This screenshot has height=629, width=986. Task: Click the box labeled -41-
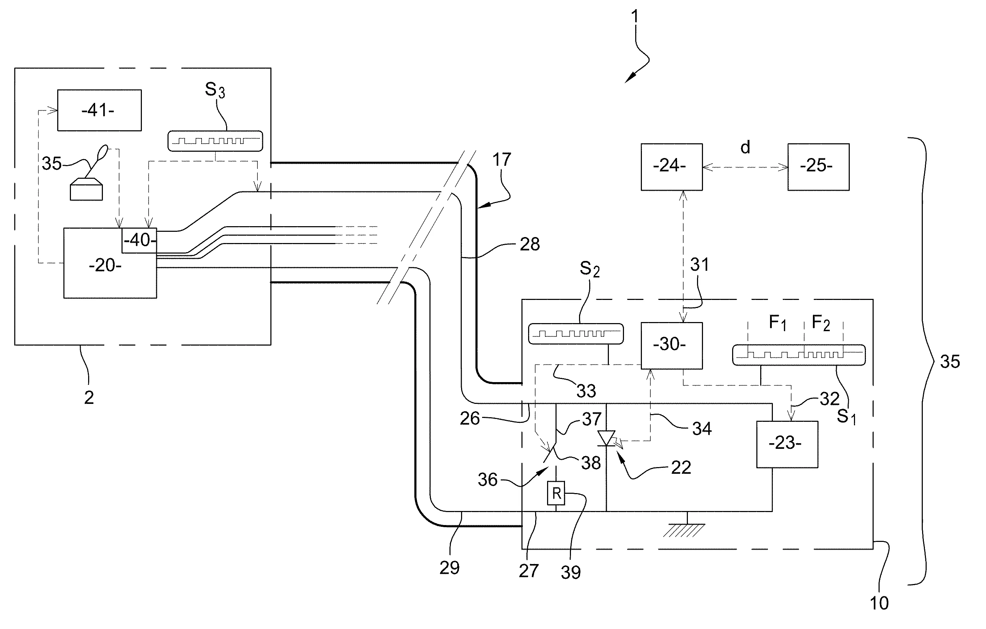point(99,110)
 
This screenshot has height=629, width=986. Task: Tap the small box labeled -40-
point(140,240)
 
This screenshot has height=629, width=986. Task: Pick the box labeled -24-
point(671,167)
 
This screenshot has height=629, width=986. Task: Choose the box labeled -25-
point(818,167)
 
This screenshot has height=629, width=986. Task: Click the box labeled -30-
point(671,345)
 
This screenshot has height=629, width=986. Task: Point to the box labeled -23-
point(787,444)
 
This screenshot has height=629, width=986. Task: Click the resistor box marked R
point(556,493)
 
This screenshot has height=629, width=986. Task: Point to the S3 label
point(215,90)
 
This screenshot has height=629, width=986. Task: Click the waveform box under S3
point(215,141)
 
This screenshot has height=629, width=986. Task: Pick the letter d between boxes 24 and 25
point(745,148)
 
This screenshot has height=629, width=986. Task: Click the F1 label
point(777,323)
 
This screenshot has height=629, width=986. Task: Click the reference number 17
point(501,160)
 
